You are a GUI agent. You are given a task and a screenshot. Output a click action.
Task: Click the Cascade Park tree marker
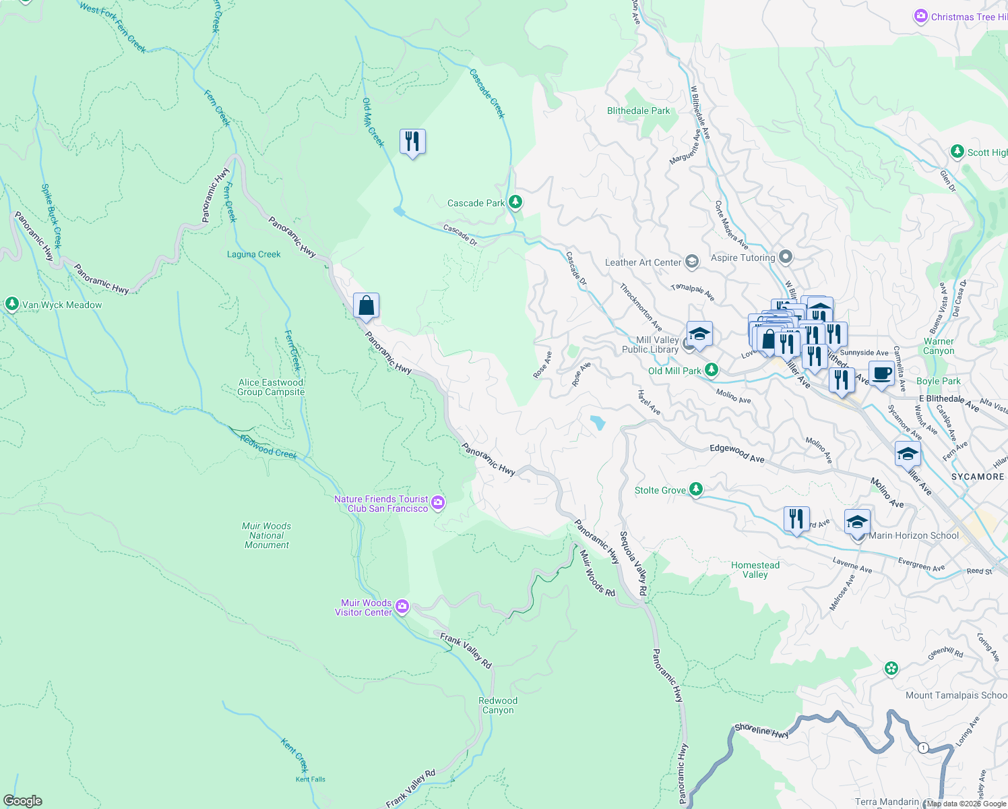tap(515, 202)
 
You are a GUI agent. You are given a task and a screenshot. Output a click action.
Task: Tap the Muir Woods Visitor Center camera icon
tap(402, 607)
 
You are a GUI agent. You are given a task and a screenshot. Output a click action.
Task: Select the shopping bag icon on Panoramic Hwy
tap(366, 306)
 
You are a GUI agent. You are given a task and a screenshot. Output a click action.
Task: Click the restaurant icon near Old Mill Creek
tap(412, 142)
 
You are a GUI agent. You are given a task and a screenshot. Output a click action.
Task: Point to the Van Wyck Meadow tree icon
tap(11, 304)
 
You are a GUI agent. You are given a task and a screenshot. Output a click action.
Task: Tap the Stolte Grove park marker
tap(696, 490)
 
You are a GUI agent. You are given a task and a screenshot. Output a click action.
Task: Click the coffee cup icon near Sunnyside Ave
tap(881, 373)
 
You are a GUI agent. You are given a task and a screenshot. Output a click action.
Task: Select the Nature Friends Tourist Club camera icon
tap(438, 502)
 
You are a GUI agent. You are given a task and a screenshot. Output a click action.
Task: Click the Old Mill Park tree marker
tap(711, 370)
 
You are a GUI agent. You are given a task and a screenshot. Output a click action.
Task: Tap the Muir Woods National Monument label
tap(267, 535)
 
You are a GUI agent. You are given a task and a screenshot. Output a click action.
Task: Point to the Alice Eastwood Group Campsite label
tap(271, 387)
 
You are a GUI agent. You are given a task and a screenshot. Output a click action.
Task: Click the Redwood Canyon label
tap(498, 705)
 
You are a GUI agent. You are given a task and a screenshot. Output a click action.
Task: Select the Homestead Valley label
tap(755, 570)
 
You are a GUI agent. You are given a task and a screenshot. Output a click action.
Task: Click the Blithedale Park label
tap(638, 111)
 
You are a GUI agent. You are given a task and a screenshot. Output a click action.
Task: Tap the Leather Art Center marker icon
tap(692, 262)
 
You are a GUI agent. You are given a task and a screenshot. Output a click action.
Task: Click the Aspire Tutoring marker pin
tap(785, 257)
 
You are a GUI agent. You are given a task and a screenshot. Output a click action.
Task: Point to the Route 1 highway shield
tap(923, 747)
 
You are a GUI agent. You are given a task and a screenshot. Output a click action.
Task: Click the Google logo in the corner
tap(23, 800)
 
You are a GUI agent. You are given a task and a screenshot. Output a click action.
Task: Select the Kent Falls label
tap(310, 779)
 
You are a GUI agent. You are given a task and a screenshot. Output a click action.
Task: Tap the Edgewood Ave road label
tap(736, 453)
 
